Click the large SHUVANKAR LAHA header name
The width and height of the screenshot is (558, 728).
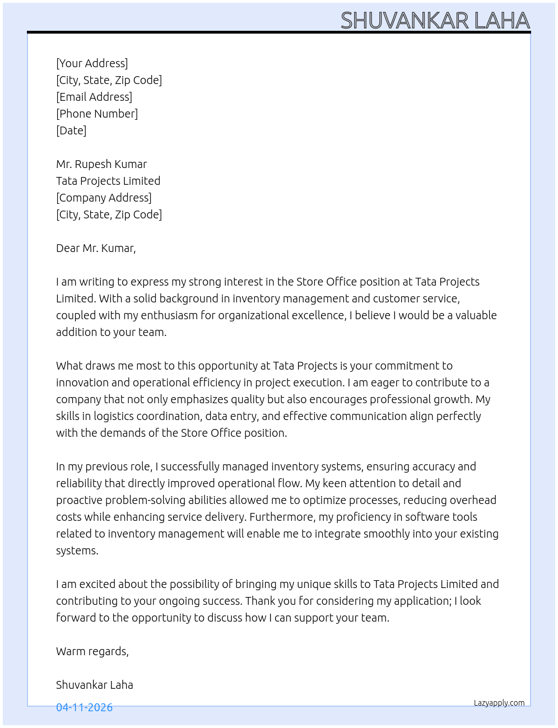[435, 20]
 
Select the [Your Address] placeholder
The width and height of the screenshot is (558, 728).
[92, 63]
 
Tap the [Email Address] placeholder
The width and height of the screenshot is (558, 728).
[94, 97]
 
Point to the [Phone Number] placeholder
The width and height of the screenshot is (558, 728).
[97, 114]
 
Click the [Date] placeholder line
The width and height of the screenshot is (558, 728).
[71, 130]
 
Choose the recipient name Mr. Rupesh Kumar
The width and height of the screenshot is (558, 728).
[101, 164]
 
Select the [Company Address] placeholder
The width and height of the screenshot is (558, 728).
[104, 198]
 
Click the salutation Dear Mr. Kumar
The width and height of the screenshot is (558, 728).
[96, 248]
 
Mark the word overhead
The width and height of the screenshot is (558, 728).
[473, 500]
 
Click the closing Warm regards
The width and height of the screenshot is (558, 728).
[92, 651]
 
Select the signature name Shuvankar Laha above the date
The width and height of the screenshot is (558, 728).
[95, 685]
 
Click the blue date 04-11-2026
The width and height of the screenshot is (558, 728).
[84, 707]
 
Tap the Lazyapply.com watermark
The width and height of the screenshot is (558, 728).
[499, 703]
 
